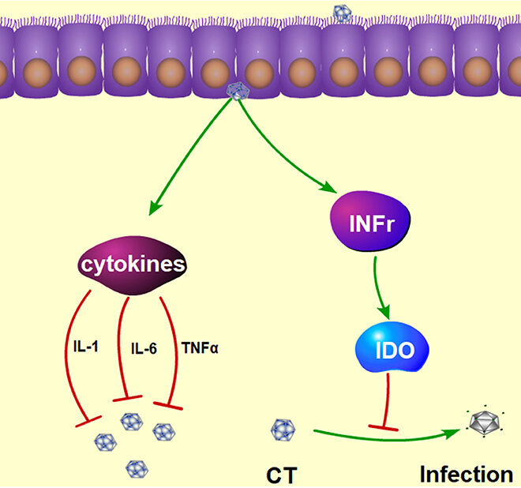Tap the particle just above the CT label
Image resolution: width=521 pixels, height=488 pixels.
click(x=283, y=430)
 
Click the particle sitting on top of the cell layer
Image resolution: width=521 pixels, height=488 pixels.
click(x=343, y=13)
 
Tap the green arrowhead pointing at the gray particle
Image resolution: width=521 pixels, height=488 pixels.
click(x=453, y=432)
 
